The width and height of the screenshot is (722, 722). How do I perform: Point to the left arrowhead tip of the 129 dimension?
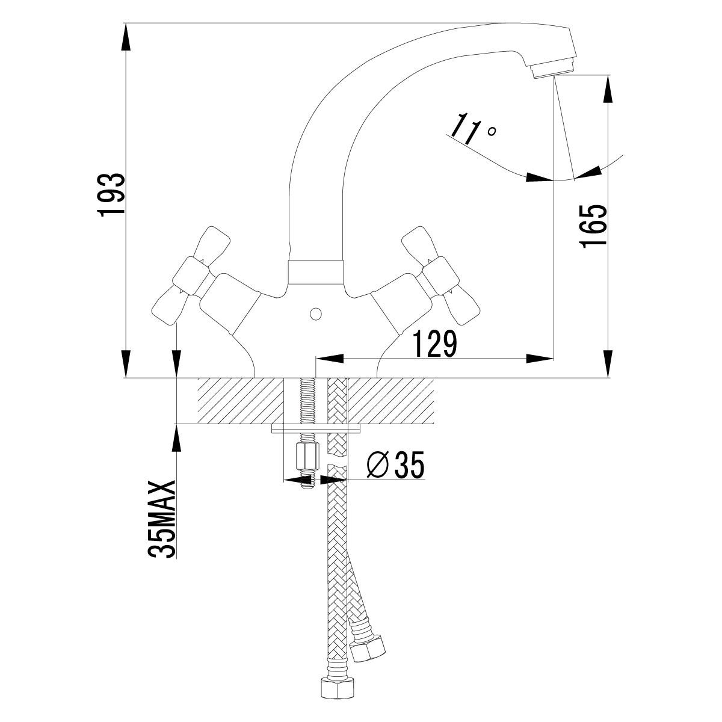coord(317,358)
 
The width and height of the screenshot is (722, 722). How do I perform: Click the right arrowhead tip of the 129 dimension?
coord(553,358)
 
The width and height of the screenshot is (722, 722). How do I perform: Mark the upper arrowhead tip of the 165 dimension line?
coord(608,76)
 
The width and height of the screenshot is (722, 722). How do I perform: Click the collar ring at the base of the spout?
coord(316,272)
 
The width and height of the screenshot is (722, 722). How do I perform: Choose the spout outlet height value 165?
coord(593,226)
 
